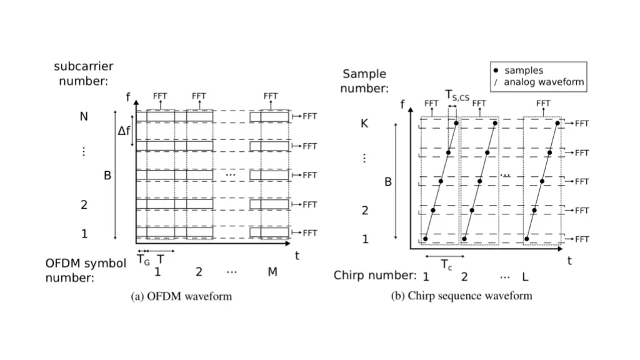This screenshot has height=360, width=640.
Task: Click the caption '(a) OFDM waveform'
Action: point(181,296)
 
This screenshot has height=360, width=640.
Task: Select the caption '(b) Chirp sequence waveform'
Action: point(461,296)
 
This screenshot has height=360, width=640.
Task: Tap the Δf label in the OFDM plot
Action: point(125,131)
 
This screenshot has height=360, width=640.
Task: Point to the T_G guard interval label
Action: point(143,260)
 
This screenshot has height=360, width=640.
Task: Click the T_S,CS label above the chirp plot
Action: point(457,95)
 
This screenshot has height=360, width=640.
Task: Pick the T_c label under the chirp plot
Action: point(446,265)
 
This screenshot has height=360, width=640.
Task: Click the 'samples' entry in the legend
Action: point(524,71)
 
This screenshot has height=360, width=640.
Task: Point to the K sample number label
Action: point(364,124)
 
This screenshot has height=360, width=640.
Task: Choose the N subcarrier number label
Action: point(84,116)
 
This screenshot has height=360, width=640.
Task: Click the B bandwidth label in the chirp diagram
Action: point(387,182)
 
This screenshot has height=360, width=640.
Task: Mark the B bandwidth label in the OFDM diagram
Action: point(107,176)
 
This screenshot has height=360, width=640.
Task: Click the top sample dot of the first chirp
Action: point(456,123)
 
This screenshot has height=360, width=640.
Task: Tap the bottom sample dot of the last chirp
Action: point(527,238)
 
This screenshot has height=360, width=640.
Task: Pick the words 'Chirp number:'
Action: point(374,276)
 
